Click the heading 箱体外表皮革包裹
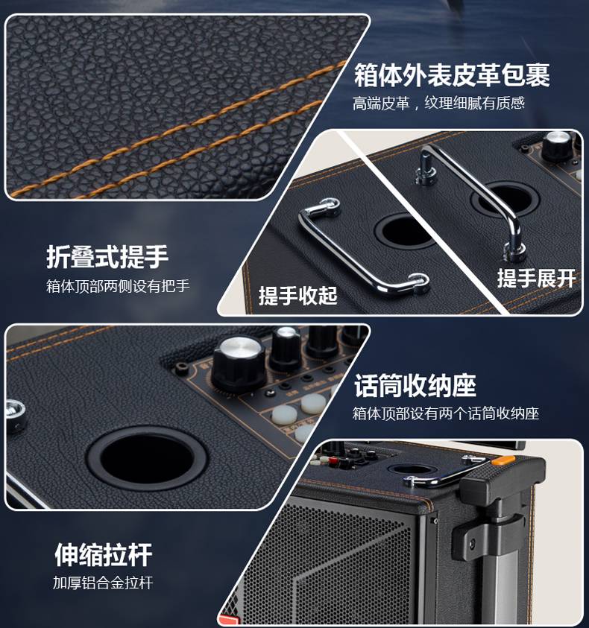[x=452, y=75]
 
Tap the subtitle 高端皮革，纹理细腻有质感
[x=438, y=104]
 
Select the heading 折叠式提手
[x=107, y=257]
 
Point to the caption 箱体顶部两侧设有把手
[x=118, y=286]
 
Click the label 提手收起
[x=298, y=296]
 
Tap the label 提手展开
[x=537, y=278]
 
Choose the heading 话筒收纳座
[x=415, y=386]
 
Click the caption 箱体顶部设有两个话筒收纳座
[x=446, y=413]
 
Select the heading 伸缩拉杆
[x=104, y=555]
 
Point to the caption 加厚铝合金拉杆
[x=103, y=583]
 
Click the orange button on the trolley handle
[x=503, y=460]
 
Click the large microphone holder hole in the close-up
[x=147, y=459]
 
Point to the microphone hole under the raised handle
[x=506, y=198]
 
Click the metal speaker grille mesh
[x=333, y=568]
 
